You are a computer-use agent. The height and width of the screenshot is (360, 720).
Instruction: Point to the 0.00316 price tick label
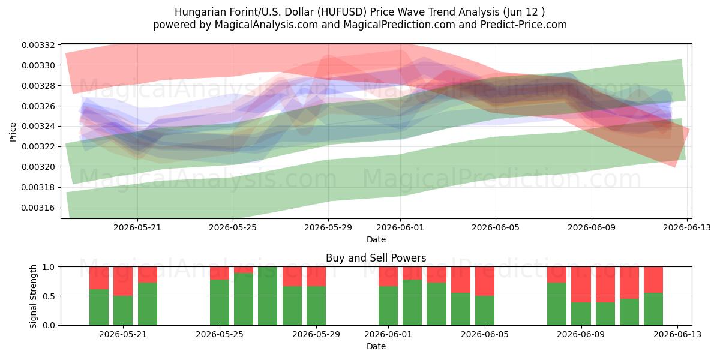(x=37, y=208)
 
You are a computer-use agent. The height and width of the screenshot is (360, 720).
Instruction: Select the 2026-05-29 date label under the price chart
(x=328, y=227)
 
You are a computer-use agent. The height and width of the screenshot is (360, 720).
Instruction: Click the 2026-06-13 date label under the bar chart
(x=677, y=334)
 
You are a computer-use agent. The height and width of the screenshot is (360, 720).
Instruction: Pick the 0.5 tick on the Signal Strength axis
(x=49, y=296)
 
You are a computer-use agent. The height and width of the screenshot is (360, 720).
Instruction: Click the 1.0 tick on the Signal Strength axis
(x=49, y=267)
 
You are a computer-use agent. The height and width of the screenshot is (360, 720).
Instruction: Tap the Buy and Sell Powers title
(x=376, y=258)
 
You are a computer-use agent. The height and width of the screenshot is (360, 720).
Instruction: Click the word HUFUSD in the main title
(x=343, y=12)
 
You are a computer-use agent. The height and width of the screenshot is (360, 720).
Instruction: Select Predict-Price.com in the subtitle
(x=524, y=25)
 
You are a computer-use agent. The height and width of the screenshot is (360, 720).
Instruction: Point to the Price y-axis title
(x=13, y=132)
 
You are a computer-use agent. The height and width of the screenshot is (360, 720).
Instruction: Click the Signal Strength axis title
(x=33, y=296)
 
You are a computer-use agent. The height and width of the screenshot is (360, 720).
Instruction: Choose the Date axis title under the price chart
(x=376, y=239)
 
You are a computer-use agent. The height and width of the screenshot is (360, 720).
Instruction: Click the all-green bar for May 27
(x=268, y=296)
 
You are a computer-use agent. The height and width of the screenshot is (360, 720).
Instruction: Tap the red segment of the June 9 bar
(x=581, y=284)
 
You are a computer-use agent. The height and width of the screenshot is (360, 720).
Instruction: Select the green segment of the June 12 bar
(x=653, y=309)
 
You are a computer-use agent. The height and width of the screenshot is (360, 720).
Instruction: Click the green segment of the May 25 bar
(x=220, y=302)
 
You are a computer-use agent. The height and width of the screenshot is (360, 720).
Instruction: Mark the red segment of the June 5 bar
(x=485, y=281)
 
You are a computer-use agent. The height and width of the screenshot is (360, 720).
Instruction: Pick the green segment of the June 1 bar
(x=388, y=305)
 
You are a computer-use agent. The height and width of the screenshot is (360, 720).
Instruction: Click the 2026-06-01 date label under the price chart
(x=400, y=227)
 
